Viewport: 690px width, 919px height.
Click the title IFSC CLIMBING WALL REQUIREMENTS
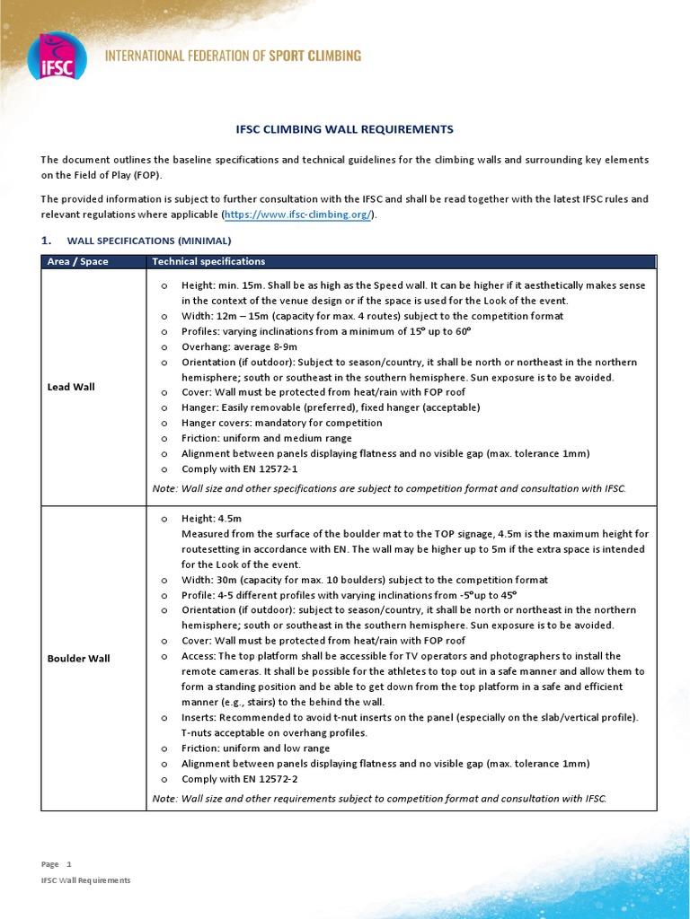coord(344,129)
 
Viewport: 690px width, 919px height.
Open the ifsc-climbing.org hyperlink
coord(298,215)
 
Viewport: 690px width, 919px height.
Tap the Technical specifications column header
coord(208,262)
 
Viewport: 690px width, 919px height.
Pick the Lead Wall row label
coord(71,387)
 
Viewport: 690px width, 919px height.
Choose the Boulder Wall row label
coord(78,658)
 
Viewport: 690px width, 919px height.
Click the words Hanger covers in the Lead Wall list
coord(213,423)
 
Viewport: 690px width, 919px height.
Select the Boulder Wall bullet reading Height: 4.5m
coord(211,519)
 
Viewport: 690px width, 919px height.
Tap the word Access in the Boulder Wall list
coord(199,656)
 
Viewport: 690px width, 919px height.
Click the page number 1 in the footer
coord(68,864)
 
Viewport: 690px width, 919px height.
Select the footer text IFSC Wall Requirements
coord(85,880)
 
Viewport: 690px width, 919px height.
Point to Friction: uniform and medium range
coord(266,438)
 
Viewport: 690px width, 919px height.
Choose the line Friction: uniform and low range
coord(255,748)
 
